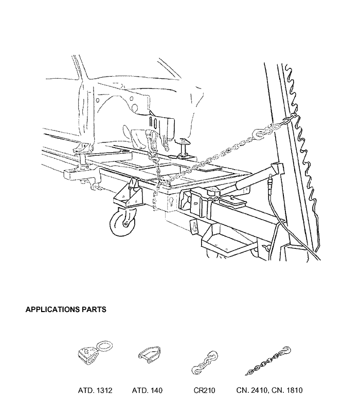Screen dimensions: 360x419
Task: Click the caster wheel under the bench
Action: (x=123, y=222)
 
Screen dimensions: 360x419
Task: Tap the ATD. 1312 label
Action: (x=95, y=390)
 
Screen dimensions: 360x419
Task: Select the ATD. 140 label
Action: (x=147, y=390)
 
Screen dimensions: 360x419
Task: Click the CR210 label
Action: (x=205, y=390)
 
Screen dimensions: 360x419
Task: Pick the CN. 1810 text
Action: (x=287, y=390)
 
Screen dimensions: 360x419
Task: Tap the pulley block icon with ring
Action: (x=95, y=353)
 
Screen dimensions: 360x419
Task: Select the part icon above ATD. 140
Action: (x=150, y=354)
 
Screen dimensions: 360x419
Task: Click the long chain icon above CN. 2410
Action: (x=268, y=361)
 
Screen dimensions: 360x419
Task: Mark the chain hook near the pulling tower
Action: (x=258, y=133)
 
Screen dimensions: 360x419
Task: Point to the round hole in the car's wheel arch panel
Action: (x=135, y=107)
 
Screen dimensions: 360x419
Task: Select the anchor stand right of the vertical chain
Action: (x=185, y=148)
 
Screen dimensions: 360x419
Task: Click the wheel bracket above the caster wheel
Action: (x=129, y=193)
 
